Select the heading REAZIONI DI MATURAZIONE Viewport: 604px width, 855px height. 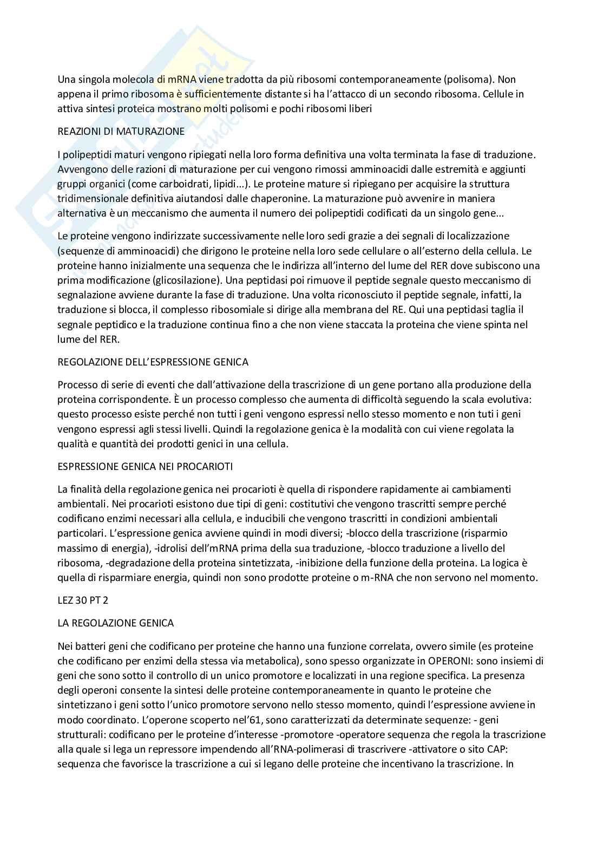pos(121,132)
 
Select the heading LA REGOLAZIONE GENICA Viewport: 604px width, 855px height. pos(115,623)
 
